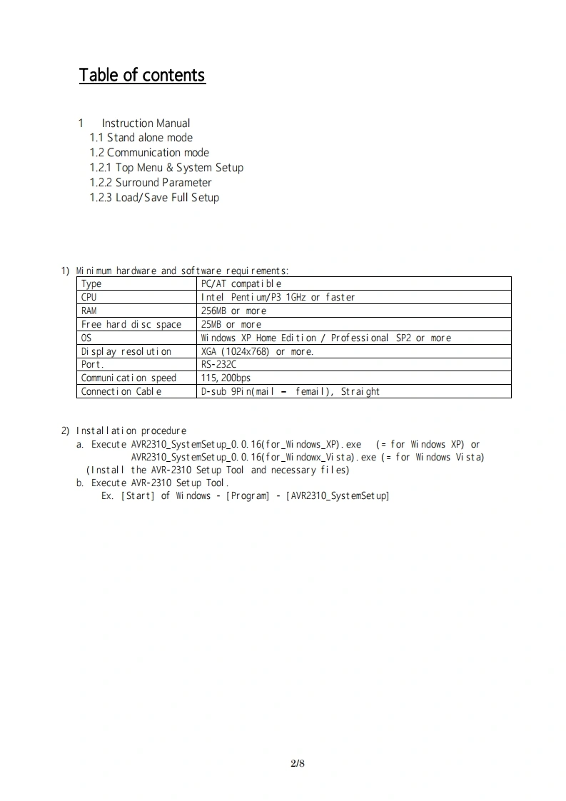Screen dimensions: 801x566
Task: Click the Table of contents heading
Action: coord(142,75)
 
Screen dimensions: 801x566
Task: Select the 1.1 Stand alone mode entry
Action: coord(141,138)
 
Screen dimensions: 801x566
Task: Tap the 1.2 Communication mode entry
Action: coord(149,153)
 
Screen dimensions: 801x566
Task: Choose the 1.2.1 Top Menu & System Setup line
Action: coord(166,168)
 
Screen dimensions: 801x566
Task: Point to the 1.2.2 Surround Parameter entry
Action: coord(151,183)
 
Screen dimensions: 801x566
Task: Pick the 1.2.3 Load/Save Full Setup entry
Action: coord(154,198)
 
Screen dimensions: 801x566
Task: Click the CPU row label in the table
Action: coord(89,297)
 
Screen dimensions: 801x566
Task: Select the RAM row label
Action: coord(89,311)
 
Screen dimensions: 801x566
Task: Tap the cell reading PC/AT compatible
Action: coord(241,283)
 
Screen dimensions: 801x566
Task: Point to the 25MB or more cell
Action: coord(231,324)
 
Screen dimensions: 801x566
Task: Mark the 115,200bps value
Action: coord(226,378)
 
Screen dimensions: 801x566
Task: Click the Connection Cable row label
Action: coord(121,391)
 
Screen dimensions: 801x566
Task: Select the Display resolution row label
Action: coord(126,351)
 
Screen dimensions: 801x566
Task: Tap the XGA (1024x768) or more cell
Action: coord(258,351)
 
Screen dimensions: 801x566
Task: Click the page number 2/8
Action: coord(298,763)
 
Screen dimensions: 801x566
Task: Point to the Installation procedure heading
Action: coord(131,430)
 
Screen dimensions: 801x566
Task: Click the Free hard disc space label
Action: coord(131,324)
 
